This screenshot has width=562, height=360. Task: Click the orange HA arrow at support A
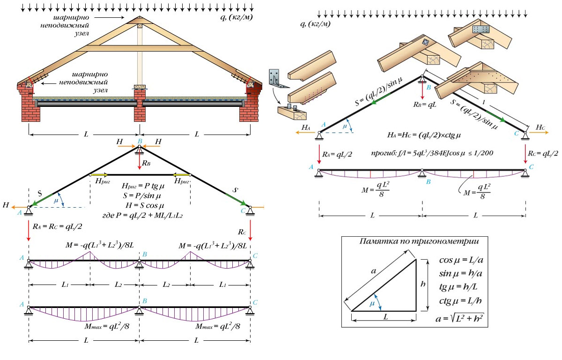(305, 133)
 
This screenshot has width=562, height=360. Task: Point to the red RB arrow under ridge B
(140, 161)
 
